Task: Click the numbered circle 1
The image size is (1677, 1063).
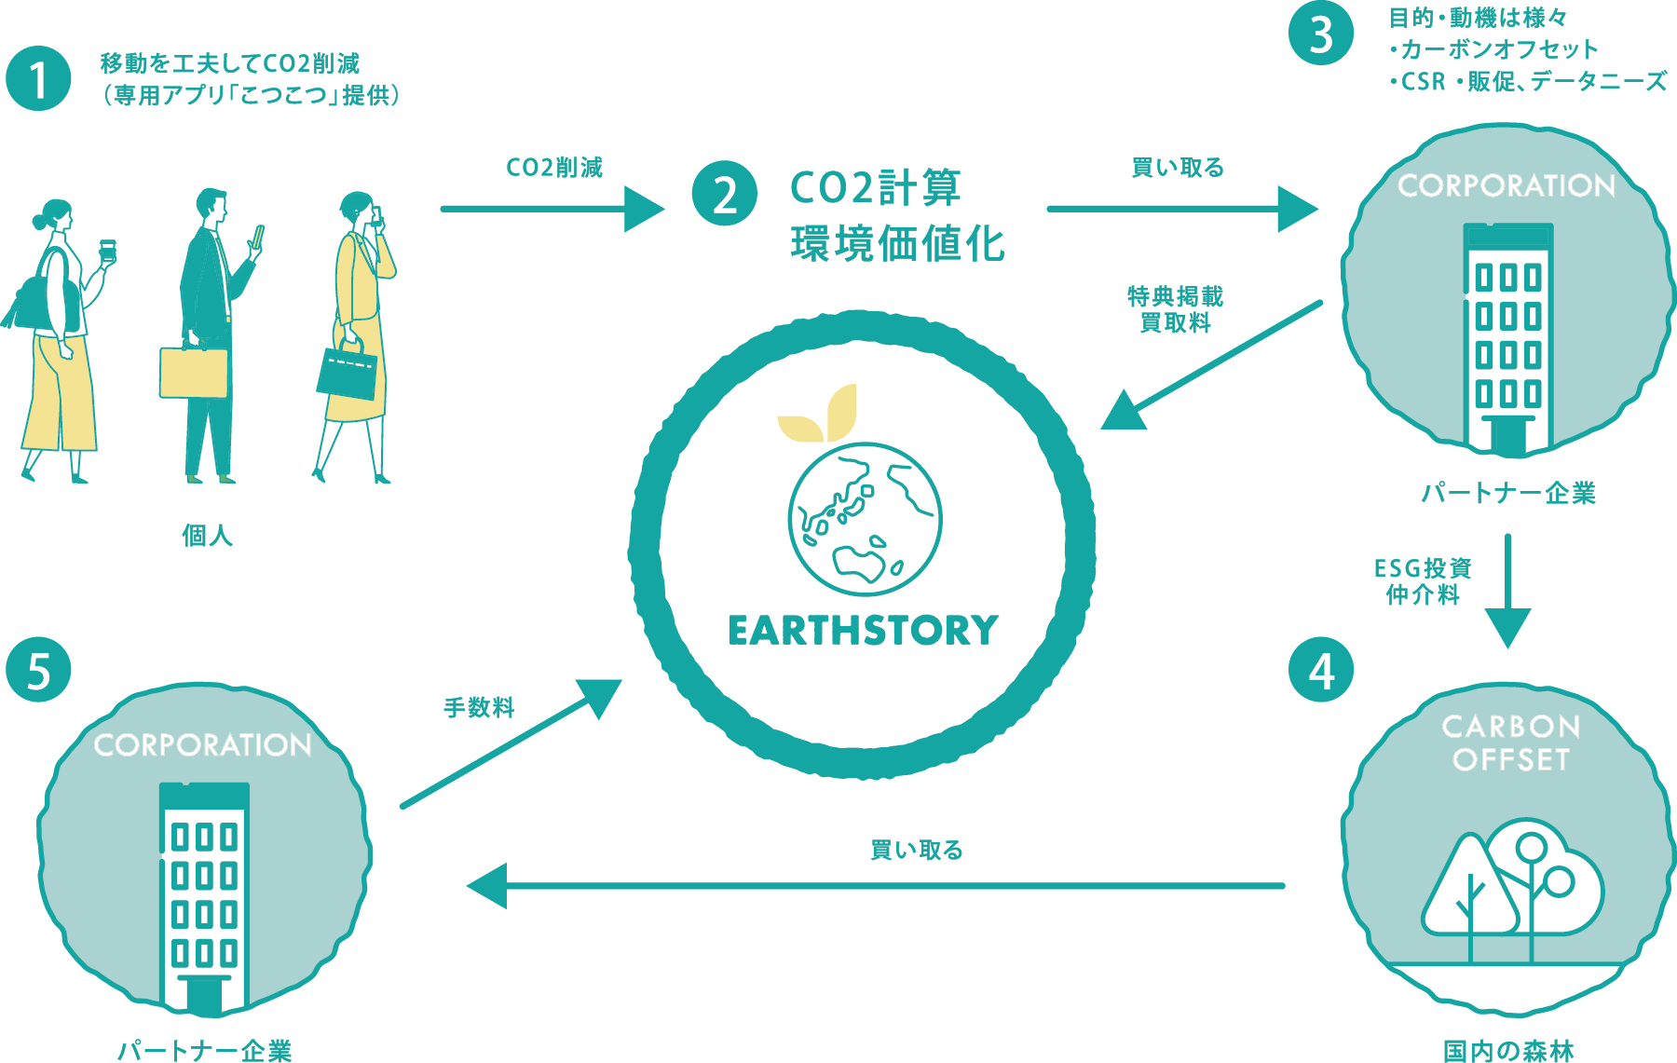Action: (x=38, y=79)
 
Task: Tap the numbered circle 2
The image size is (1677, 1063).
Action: (x=725, y=194)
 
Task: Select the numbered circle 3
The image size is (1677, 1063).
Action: (x=1321, y=34)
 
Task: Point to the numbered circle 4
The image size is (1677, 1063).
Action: (x=1321, y=670)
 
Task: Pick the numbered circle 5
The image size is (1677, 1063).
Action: (x=38, y=670)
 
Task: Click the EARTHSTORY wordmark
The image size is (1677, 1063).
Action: (x=863, y=631)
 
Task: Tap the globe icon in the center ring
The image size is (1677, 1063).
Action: (x=865, y=519)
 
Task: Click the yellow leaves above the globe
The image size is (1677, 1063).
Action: (x=820, y=415)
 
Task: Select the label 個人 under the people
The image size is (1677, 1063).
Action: (x=207, y=536)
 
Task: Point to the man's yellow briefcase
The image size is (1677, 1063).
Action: (x=194, y=372)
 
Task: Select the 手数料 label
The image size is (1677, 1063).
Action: (x=479, y=708)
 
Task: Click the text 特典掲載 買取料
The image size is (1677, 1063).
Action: (x=1175, y=309)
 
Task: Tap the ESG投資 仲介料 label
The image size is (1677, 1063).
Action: (x=1423, y=581)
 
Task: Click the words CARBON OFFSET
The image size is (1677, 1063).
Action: (x=1510, y=743)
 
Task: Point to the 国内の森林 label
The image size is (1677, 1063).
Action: (x=1508, y=1051)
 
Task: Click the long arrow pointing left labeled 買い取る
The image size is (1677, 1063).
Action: (x=876, y=885)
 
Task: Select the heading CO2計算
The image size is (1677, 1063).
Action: (x=875, y=188)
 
